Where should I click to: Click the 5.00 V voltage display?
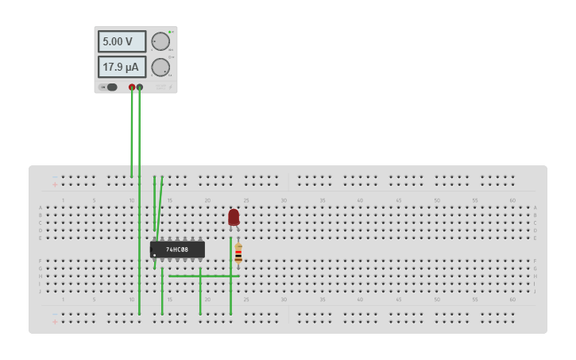point(122,41)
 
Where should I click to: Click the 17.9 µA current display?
point(122,67)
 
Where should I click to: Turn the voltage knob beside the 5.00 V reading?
point(160,41)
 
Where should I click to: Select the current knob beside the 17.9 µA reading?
point(160,67)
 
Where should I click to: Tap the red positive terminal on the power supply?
point(132,87)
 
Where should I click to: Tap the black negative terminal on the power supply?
point(140,87)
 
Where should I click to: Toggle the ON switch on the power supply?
point(110,87)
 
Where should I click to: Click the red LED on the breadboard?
point(234,217)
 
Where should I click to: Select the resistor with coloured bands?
point(238,253)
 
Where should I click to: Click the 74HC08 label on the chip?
point(177,250)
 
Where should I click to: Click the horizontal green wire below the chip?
point(203,276)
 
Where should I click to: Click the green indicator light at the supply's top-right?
point(169,32)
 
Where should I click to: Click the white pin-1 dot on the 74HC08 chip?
point(154,254)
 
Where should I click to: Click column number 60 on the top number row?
point(512,200)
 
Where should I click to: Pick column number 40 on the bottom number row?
point(360,300)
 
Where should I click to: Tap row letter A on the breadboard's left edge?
point(41,207)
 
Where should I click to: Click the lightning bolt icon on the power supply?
point(170,87)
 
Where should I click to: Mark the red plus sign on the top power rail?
point(55,184)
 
